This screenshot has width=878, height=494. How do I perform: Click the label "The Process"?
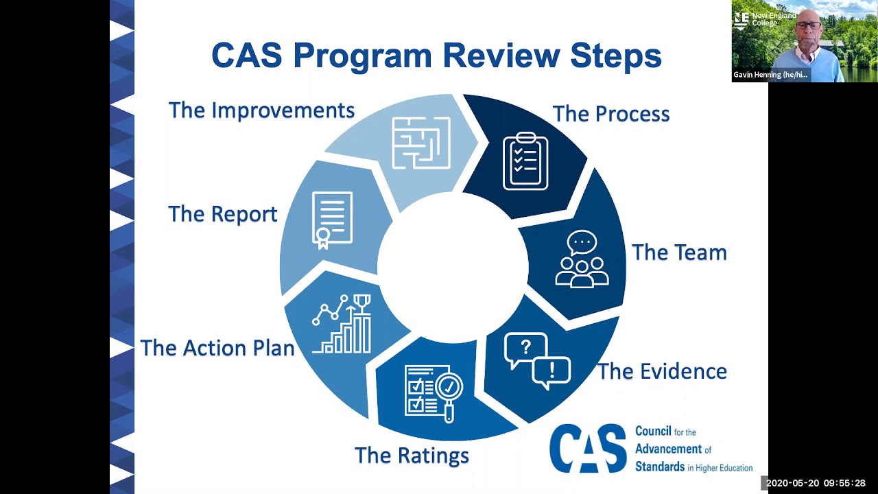tap(610, 114)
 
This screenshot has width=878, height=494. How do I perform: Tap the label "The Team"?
tap(678, 252)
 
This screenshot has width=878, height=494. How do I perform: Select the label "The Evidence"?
tap(662, 371)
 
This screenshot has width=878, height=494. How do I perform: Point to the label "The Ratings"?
tap(412, 455)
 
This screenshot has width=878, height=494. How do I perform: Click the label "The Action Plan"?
tap(217, 348)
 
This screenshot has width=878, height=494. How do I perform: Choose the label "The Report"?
tap(222, 214)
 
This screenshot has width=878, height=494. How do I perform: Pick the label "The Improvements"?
tap(261, 110)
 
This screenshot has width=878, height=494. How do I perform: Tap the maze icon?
tap(420, 143)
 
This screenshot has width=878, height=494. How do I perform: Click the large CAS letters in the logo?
tap(588, 448)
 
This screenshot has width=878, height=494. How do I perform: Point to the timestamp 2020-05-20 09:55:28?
tap(816, 484)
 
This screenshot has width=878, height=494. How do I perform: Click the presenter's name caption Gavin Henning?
tap(770, 75)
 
